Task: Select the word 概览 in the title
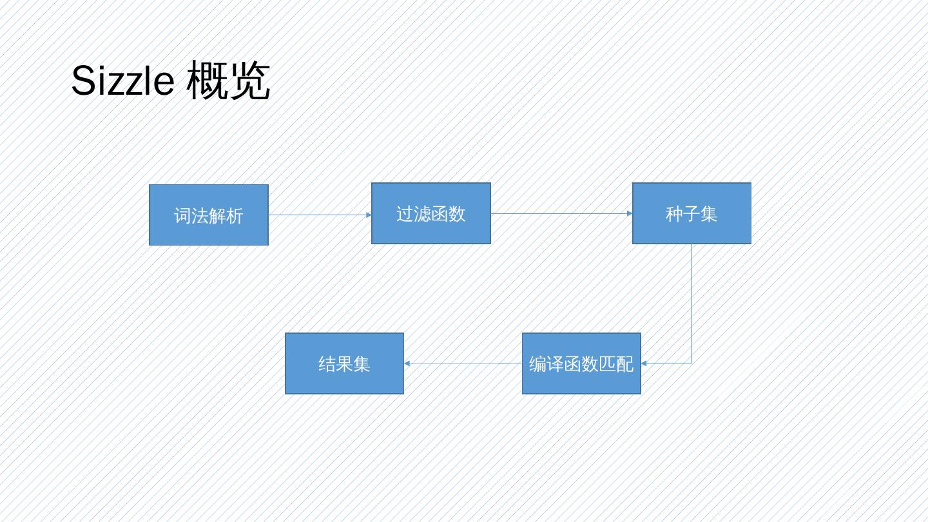[228, 82]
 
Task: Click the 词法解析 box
[209, 215]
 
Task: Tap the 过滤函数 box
[431, 213]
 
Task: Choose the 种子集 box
[691, 213]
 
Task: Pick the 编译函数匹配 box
[581, 363]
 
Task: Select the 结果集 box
[344, 363]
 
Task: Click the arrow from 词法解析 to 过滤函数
[319, 215]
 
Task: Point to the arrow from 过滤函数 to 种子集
[561, 213]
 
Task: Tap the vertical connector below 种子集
[692, 303]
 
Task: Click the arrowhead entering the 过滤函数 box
[369, 215]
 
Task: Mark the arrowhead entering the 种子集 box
[630, 213]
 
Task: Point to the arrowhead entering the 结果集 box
[407, 363]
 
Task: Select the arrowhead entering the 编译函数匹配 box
[644, 363]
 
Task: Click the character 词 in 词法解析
[183, 216]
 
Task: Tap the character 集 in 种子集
[709, 214]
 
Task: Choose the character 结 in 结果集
[327, 364]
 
